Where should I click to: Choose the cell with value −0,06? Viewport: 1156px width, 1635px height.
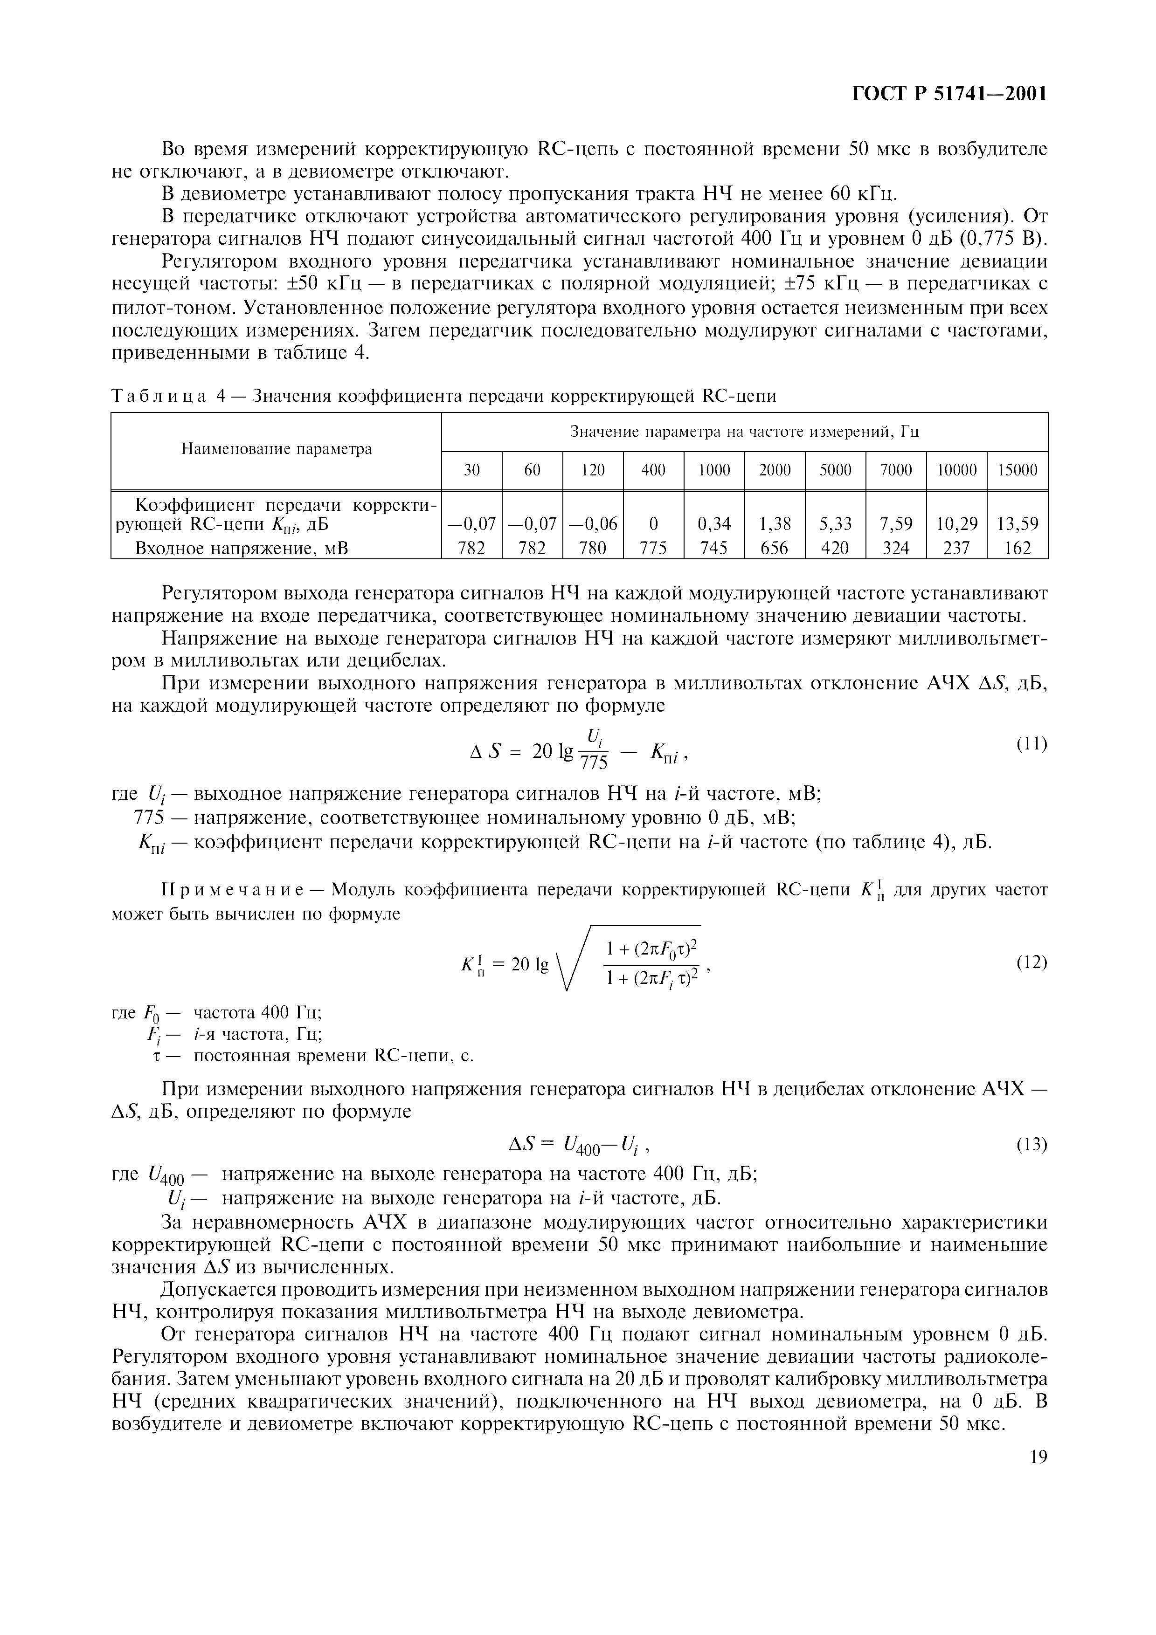point(593,524)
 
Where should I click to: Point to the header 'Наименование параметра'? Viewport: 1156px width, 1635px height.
point(277,449)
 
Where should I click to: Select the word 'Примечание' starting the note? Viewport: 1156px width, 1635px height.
point(233,890)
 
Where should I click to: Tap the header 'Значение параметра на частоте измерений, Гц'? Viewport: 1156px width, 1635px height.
point(744,432)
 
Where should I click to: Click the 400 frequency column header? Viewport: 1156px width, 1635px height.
point(653,470)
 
